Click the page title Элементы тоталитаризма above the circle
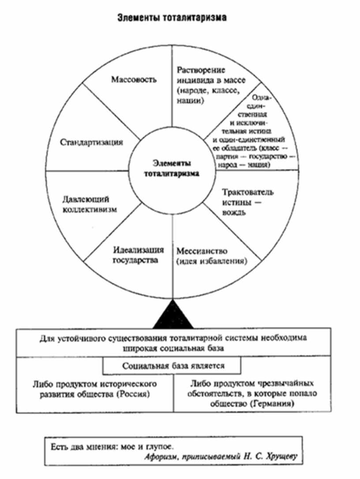pos(172,18)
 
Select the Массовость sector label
pos(128,80)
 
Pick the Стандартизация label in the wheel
pos(92,142)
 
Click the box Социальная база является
pos(172,366)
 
